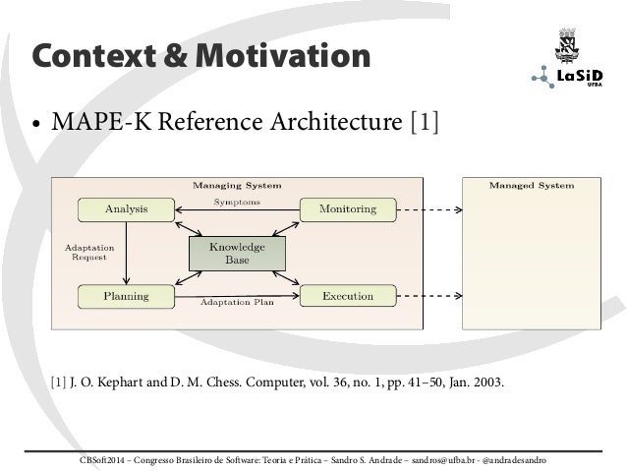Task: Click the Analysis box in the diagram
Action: click(126, 208)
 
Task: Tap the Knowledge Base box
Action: click(237, 253)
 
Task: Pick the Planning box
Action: click(126, 295)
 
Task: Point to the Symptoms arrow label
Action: click(237, 202)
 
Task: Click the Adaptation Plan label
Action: click(237, 303)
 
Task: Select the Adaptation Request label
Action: click(88, 253)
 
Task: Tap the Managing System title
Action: click(237, 184)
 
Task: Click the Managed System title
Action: click(532, 184)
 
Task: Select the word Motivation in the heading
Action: click(280, 56)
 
